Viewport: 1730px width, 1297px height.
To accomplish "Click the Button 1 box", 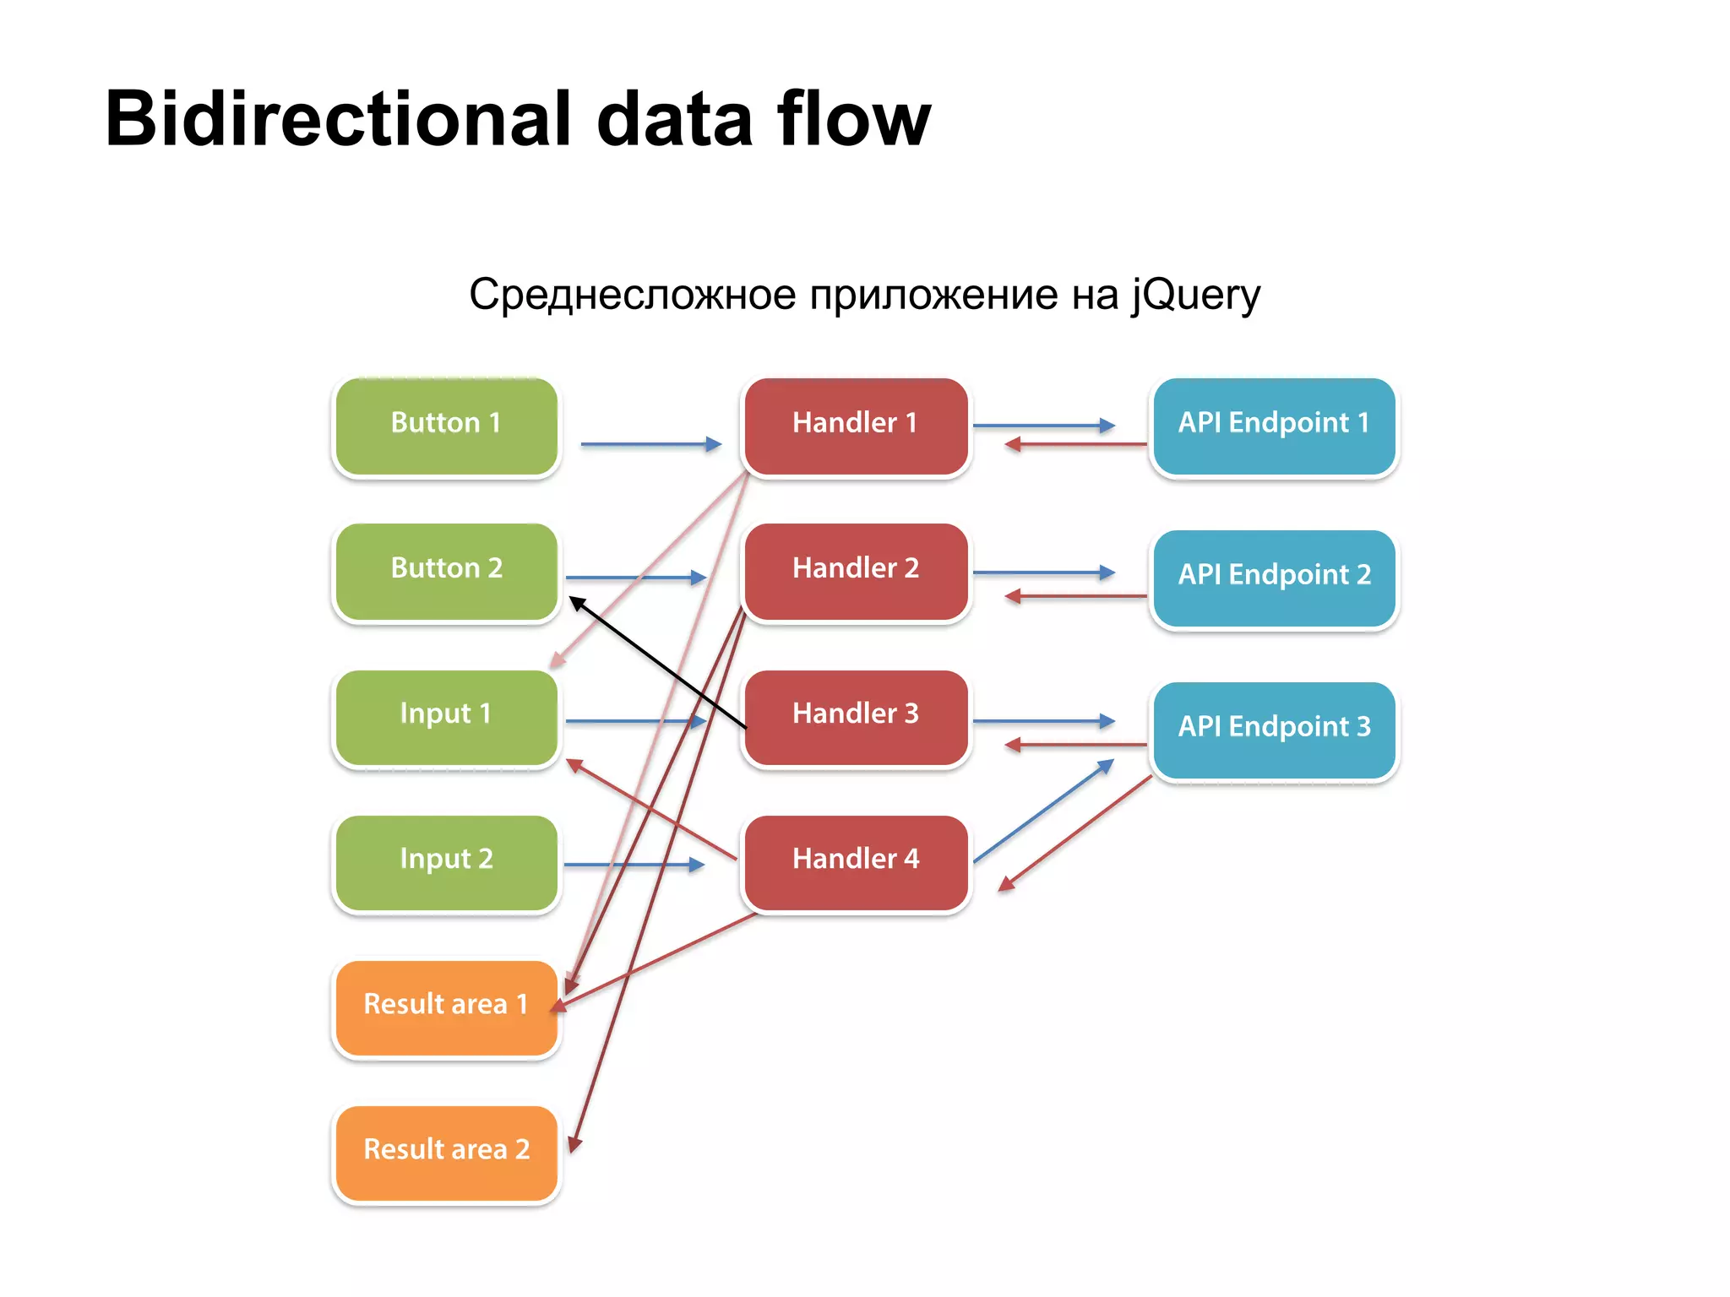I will tap(446, 426).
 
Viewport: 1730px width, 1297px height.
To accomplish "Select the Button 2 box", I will tap(446, 572).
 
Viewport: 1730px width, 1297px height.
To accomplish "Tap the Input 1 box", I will tap(446, 717).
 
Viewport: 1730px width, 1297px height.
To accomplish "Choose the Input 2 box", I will tap(446, 862).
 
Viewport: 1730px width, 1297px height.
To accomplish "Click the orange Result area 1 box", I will tap(446, 1007).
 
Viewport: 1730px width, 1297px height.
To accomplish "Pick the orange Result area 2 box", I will tap(446, 1153).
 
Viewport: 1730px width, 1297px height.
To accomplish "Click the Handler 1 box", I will tap(855, 426).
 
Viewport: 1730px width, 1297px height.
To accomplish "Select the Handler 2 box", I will tap(855, 572).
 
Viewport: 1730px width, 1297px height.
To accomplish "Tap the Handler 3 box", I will tap(855, 717).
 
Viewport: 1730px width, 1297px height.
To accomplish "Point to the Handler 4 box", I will tap(855, 862).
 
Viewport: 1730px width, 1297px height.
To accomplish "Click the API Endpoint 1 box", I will tap(1274, 426).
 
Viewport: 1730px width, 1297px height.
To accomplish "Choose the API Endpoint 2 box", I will tap(1274, 578).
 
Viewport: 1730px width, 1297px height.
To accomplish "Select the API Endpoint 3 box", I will tap(1274, 730).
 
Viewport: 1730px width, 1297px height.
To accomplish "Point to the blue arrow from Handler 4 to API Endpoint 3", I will tap(1043, 811).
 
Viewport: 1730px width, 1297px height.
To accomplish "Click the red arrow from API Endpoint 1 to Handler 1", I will tap(1077, 444).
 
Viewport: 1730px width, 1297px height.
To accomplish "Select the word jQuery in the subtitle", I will tap(1196, 296).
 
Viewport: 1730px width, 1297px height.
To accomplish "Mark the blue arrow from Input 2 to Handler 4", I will tap(634, 865).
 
